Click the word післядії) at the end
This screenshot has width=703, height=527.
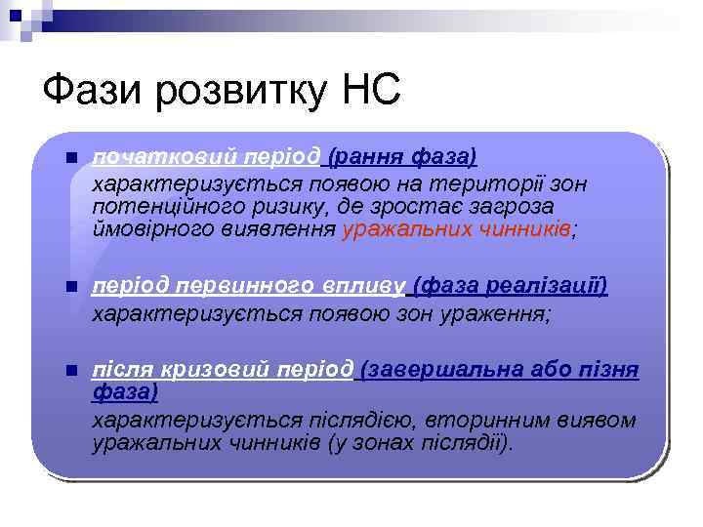pos(465,444)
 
